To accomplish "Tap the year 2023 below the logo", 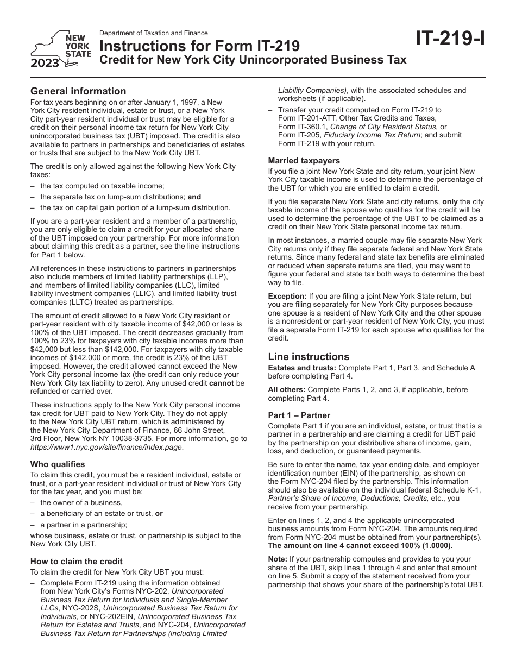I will (45, 64).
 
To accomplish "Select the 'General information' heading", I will (78, 91).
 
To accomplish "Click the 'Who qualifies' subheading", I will (58, 464).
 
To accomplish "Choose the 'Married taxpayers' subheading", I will (304, 161).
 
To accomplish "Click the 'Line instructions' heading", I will (309, 357).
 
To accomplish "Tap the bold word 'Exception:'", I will (287, 296).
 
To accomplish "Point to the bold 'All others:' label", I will (286, 389).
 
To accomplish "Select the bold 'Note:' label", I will (278, 559).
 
